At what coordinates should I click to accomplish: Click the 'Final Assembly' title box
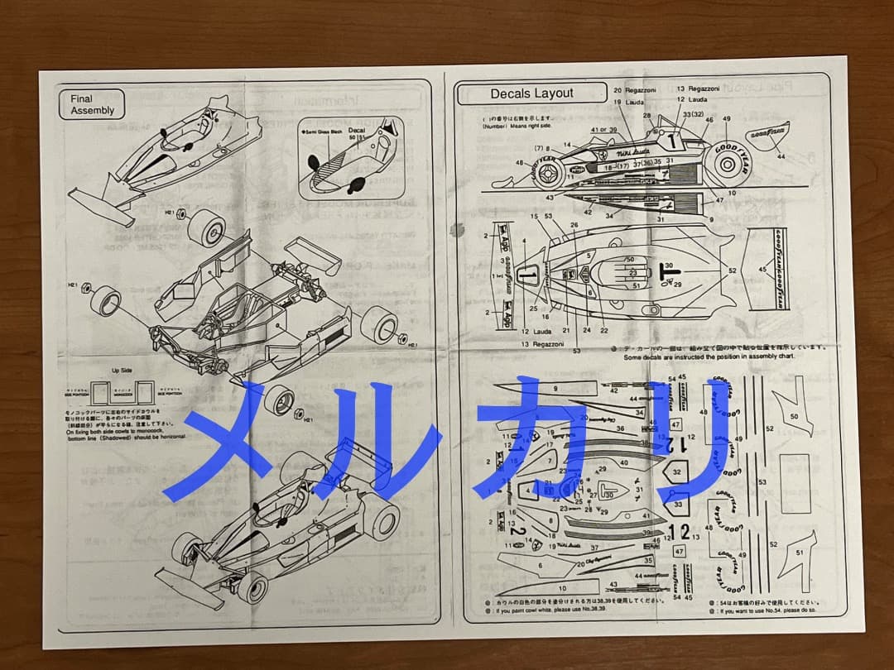(x=91, y=105)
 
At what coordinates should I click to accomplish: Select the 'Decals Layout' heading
(x=531, y=93)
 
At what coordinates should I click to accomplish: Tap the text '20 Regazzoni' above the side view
(x=634, y=89)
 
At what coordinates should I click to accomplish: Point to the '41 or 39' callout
(x=603, y=130)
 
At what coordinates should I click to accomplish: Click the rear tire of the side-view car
(x=727, y=163)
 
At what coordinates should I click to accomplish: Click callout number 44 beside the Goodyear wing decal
(x=781, y=156)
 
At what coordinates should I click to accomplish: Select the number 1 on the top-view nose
(x=526, y=273)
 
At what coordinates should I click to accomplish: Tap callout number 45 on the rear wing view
(x=762, y=268)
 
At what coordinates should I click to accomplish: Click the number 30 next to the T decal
(x=669, y=266)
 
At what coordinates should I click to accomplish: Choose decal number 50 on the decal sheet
(x=795, y=416)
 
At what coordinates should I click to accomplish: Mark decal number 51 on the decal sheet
(x=799, y=552)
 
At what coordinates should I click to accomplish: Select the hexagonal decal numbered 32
(x=676, y=471)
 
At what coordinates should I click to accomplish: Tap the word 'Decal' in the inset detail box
(x=356, y=130)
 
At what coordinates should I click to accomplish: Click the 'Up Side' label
(x=123, y=371)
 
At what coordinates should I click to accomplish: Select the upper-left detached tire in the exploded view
(x=206, y=227)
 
